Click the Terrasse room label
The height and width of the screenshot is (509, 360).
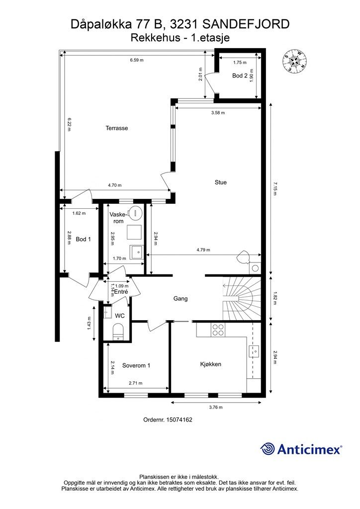(116, 128)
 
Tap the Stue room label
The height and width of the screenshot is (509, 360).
(220, 182)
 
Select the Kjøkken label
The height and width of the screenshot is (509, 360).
(211, 364)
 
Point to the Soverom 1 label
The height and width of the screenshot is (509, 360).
(136, 365)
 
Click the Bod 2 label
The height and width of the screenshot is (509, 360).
(240, 76)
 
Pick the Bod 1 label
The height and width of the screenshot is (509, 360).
(83, 239)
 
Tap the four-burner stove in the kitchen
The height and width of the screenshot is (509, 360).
(217, 330)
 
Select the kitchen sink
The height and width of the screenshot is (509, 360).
(254, 351)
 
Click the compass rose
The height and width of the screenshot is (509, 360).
(294, 61)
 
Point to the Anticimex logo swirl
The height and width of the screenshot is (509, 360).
(268, 449)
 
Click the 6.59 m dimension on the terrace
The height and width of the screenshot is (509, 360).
(137, 60)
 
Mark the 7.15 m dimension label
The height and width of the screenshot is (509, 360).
(274, 189)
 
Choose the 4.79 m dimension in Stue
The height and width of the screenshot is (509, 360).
(203, 250)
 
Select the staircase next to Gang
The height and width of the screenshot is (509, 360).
(242, 298)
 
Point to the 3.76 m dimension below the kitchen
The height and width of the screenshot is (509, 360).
(216, 408)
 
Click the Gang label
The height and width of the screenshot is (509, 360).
(180, 299)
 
